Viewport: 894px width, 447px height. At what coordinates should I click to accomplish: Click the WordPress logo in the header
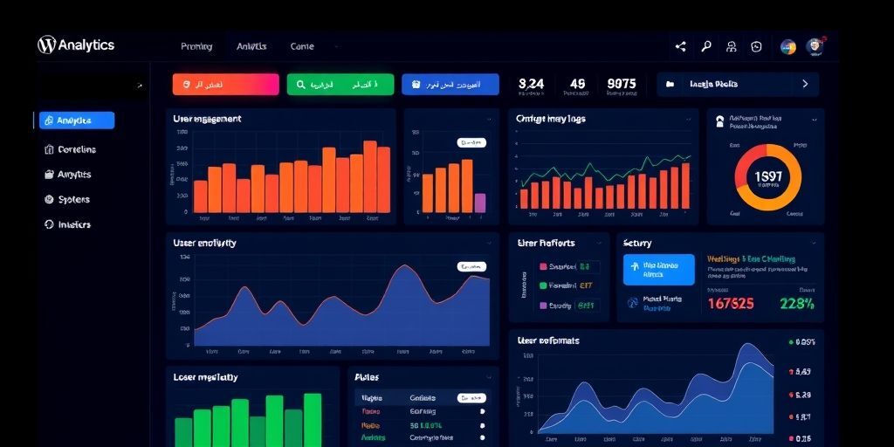click(46, 45)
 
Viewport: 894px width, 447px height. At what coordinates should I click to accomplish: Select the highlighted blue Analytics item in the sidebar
click(76, 120)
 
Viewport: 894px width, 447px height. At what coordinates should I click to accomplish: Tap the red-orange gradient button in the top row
click(225, 85)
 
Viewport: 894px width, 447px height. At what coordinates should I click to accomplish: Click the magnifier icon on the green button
click(301, 85)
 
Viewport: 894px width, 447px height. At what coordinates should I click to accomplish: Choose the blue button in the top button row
click(450, 85)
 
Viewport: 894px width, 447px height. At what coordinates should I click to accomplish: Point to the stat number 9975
click(622, 84)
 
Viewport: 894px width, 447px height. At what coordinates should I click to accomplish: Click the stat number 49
click(577, 84)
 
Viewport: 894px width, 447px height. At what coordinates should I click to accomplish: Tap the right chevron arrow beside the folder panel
click(804, 85)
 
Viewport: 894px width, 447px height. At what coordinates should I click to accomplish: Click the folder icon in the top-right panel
click(670, 85)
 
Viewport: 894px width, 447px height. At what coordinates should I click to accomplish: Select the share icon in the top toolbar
click(681, 47)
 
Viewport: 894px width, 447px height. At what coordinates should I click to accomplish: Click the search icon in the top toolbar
click(706, 47)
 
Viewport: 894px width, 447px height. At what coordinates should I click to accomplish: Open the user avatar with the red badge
click(815, 46)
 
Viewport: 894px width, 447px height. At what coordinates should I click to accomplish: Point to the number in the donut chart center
click(767, 176)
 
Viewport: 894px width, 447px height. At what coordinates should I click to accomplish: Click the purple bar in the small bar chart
click(479, 203)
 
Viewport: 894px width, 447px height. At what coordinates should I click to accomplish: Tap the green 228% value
click(796, 304)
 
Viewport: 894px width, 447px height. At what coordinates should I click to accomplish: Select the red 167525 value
click(731, 304)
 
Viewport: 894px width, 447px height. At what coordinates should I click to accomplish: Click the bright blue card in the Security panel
click(658, 270)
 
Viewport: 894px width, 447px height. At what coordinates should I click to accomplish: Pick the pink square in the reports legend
click(543, 267)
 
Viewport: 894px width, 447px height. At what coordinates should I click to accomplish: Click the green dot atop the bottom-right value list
click(791, 342)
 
